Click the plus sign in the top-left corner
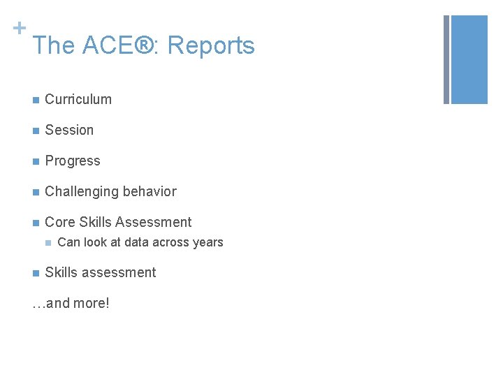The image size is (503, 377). point(19,28)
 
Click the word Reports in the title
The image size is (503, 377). point(211,46)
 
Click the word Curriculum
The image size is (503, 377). point(78,99)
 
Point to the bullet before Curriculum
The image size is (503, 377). point(35,100)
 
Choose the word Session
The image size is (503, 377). point(69,130)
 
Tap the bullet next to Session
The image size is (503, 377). point(35,131)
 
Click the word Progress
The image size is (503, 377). point(73,161)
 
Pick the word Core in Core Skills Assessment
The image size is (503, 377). point(60,222)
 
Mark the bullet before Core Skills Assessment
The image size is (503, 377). point(35,223)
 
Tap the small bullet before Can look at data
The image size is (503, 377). point(48,243)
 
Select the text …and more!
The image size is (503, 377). point(71,304)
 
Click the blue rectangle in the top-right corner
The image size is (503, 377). point(469,59)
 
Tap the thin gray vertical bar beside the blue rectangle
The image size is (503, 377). point(446,59)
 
